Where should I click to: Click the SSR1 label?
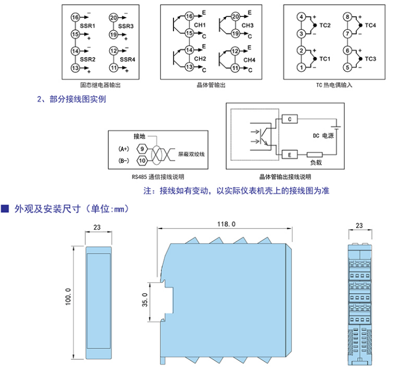(x=88, y=26)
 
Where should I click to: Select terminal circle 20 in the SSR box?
(x=114, y=17)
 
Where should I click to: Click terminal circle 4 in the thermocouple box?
(x=301, y=17)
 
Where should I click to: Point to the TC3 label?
(x=371, y=59)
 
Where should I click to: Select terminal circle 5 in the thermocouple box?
(x=346, y=67)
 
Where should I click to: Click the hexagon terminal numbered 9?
(x=141, y=149)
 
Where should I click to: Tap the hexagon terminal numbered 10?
(x=141, y=161)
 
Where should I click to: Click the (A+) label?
(x=125, y=149)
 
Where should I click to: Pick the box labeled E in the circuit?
(x=290, y=155)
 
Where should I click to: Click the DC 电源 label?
(x=323, y=136)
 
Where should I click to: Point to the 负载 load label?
(x=316, y=162)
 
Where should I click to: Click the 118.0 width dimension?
(x=226, y=224)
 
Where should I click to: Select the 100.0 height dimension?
(x=68, y=297)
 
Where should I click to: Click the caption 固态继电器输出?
(x=100, y=85)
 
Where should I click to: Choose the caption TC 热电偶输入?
(x=334, y=85)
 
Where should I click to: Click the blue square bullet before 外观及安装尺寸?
(x=5, y=208)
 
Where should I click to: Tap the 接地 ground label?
(x=140, y=136)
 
